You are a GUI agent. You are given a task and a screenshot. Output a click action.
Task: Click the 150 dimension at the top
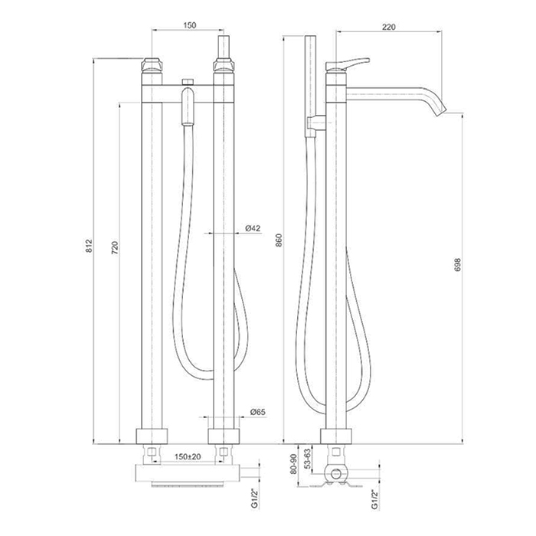[x=190, y=25]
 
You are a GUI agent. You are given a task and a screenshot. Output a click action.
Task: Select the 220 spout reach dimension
[x=389, y=27]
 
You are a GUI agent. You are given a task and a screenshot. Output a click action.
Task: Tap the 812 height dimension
[x=89, y=246]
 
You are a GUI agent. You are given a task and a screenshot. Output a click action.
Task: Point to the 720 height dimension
[x=115, y=248]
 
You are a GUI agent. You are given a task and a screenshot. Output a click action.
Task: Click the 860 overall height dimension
[x=279, y=240]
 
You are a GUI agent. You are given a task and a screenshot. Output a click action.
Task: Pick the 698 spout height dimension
[x=458, y=265]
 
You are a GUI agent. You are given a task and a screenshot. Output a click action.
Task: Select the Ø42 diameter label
[x=253, y=228]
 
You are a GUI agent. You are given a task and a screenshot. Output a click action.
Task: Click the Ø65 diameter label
[x=258, y=412]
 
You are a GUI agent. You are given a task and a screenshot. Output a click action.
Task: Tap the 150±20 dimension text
[x=188, y=456]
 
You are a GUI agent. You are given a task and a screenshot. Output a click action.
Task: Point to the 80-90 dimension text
[x=293, y=463]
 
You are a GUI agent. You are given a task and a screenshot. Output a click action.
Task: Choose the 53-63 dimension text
[x=308, y=459]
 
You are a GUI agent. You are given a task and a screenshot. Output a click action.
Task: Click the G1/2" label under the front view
[x=255, y=498]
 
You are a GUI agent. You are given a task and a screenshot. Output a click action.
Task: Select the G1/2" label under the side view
[x=375, y=499]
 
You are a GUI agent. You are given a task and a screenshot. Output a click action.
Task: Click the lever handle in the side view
[x=346, y=64]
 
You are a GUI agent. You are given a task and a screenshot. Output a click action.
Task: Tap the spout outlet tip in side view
[x=442, y=112]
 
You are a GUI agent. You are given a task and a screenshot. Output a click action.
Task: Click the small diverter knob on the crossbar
[x=188, y=82]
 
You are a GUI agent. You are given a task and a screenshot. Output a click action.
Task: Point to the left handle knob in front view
[x=152, y=65]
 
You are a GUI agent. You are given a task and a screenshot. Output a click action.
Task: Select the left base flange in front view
[x=152, y=436]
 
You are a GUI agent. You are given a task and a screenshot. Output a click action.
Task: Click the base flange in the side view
[x=335, y=436]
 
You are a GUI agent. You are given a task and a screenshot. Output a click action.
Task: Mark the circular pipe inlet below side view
[x=336, y=474]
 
